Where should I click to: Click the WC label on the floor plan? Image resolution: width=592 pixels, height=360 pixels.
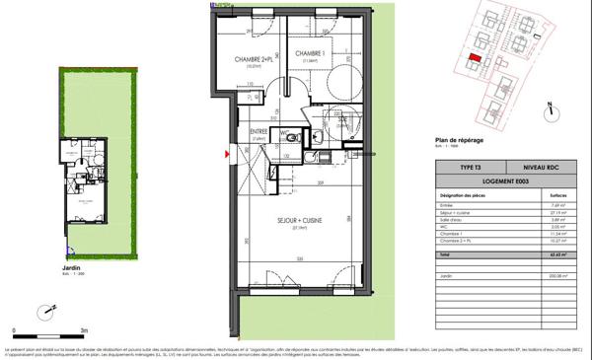point(283,132)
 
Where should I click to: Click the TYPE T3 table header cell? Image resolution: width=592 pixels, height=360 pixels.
point(473,168)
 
